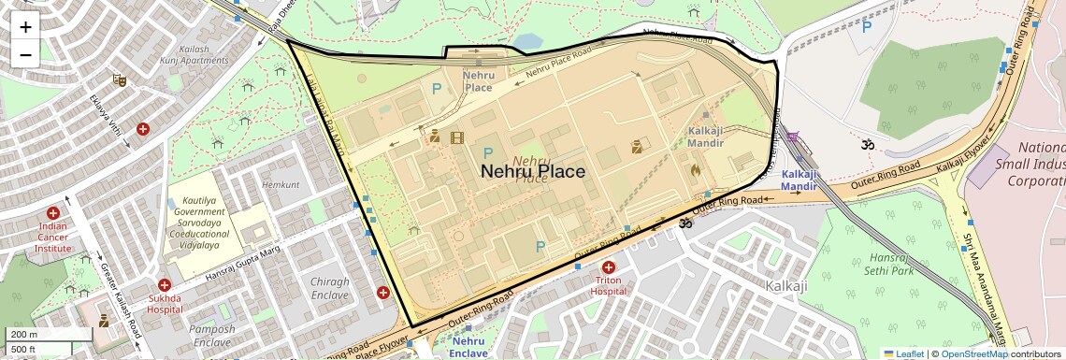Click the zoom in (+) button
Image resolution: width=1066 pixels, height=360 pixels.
pos(25,26)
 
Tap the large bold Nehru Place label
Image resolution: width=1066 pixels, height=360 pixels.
pos(533,171)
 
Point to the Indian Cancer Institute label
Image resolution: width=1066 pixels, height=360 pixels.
pos(53,237)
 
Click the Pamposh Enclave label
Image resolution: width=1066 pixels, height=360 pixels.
pos(211,336)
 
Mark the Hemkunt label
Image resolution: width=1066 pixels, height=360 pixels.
pos(281,185)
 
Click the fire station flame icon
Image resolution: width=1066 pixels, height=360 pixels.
pos(695,170)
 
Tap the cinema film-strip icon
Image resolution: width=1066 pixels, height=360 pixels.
pos(457,138)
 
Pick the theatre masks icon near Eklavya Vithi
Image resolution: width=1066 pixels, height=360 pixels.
pos(119,80)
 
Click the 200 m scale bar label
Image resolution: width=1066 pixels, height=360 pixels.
pos(23,334)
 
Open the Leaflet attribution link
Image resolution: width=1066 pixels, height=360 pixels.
pos(903,353)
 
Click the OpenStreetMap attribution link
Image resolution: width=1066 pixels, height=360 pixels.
pos(973,353)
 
